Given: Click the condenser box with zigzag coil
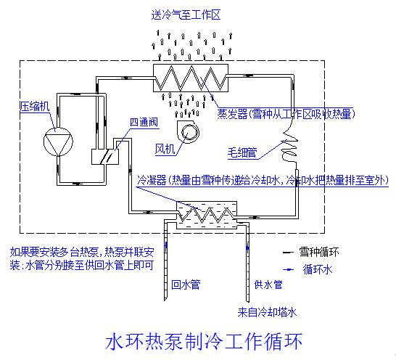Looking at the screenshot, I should click(206, 213).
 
